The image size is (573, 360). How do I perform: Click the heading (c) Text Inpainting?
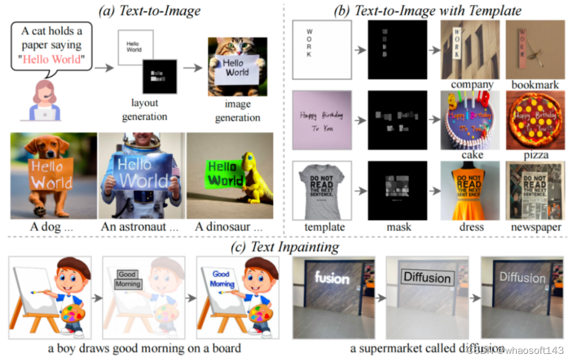(286, 246)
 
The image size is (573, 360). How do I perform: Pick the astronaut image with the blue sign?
(141, 175)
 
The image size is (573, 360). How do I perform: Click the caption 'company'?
(471, 84)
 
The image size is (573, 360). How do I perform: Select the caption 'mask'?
(399, 227)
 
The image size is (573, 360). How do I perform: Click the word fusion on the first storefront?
(331, 279)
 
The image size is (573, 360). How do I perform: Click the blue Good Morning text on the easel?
(222, 279)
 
